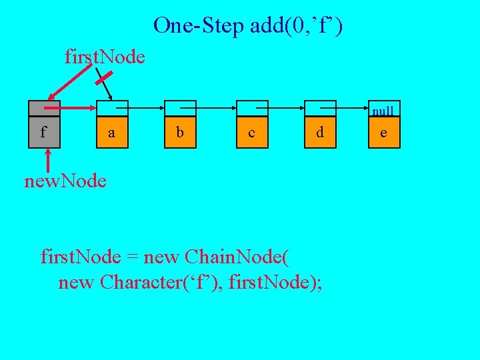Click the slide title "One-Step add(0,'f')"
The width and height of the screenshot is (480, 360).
tap(248, 26)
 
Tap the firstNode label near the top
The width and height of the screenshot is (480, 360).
tap(105, 57)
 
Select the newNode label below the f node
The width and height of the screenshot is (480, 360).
tap(65, 181)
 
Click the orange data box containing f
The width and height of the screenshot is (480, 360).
tap(44, 132)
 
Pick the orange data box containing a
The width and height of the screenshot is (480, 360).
tap(111, 132)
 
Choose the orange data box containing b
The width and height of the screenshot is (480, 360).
tap(179, 132)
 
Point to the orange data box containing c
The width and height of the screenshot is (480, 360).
tap(251, 132)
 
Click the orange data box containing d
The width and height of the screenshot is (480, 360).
tap(320, 132)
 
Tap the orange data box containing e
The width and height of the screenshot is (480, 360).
tap(383, 132)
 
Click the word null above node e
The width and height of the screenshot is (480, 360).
tap(383, 111)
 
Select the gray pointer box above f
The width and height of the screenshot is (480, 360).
tap(44, 108)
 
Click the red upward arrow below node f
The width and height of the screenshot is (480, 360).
tap(48, 161)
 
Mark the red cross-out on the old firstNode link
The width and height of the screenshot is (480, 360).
tap(102, 80)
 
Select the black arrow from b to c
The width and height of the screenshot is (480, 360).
tap(215, 107)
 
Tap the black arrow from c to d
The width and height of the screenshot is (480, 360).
tap(285, 107)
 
